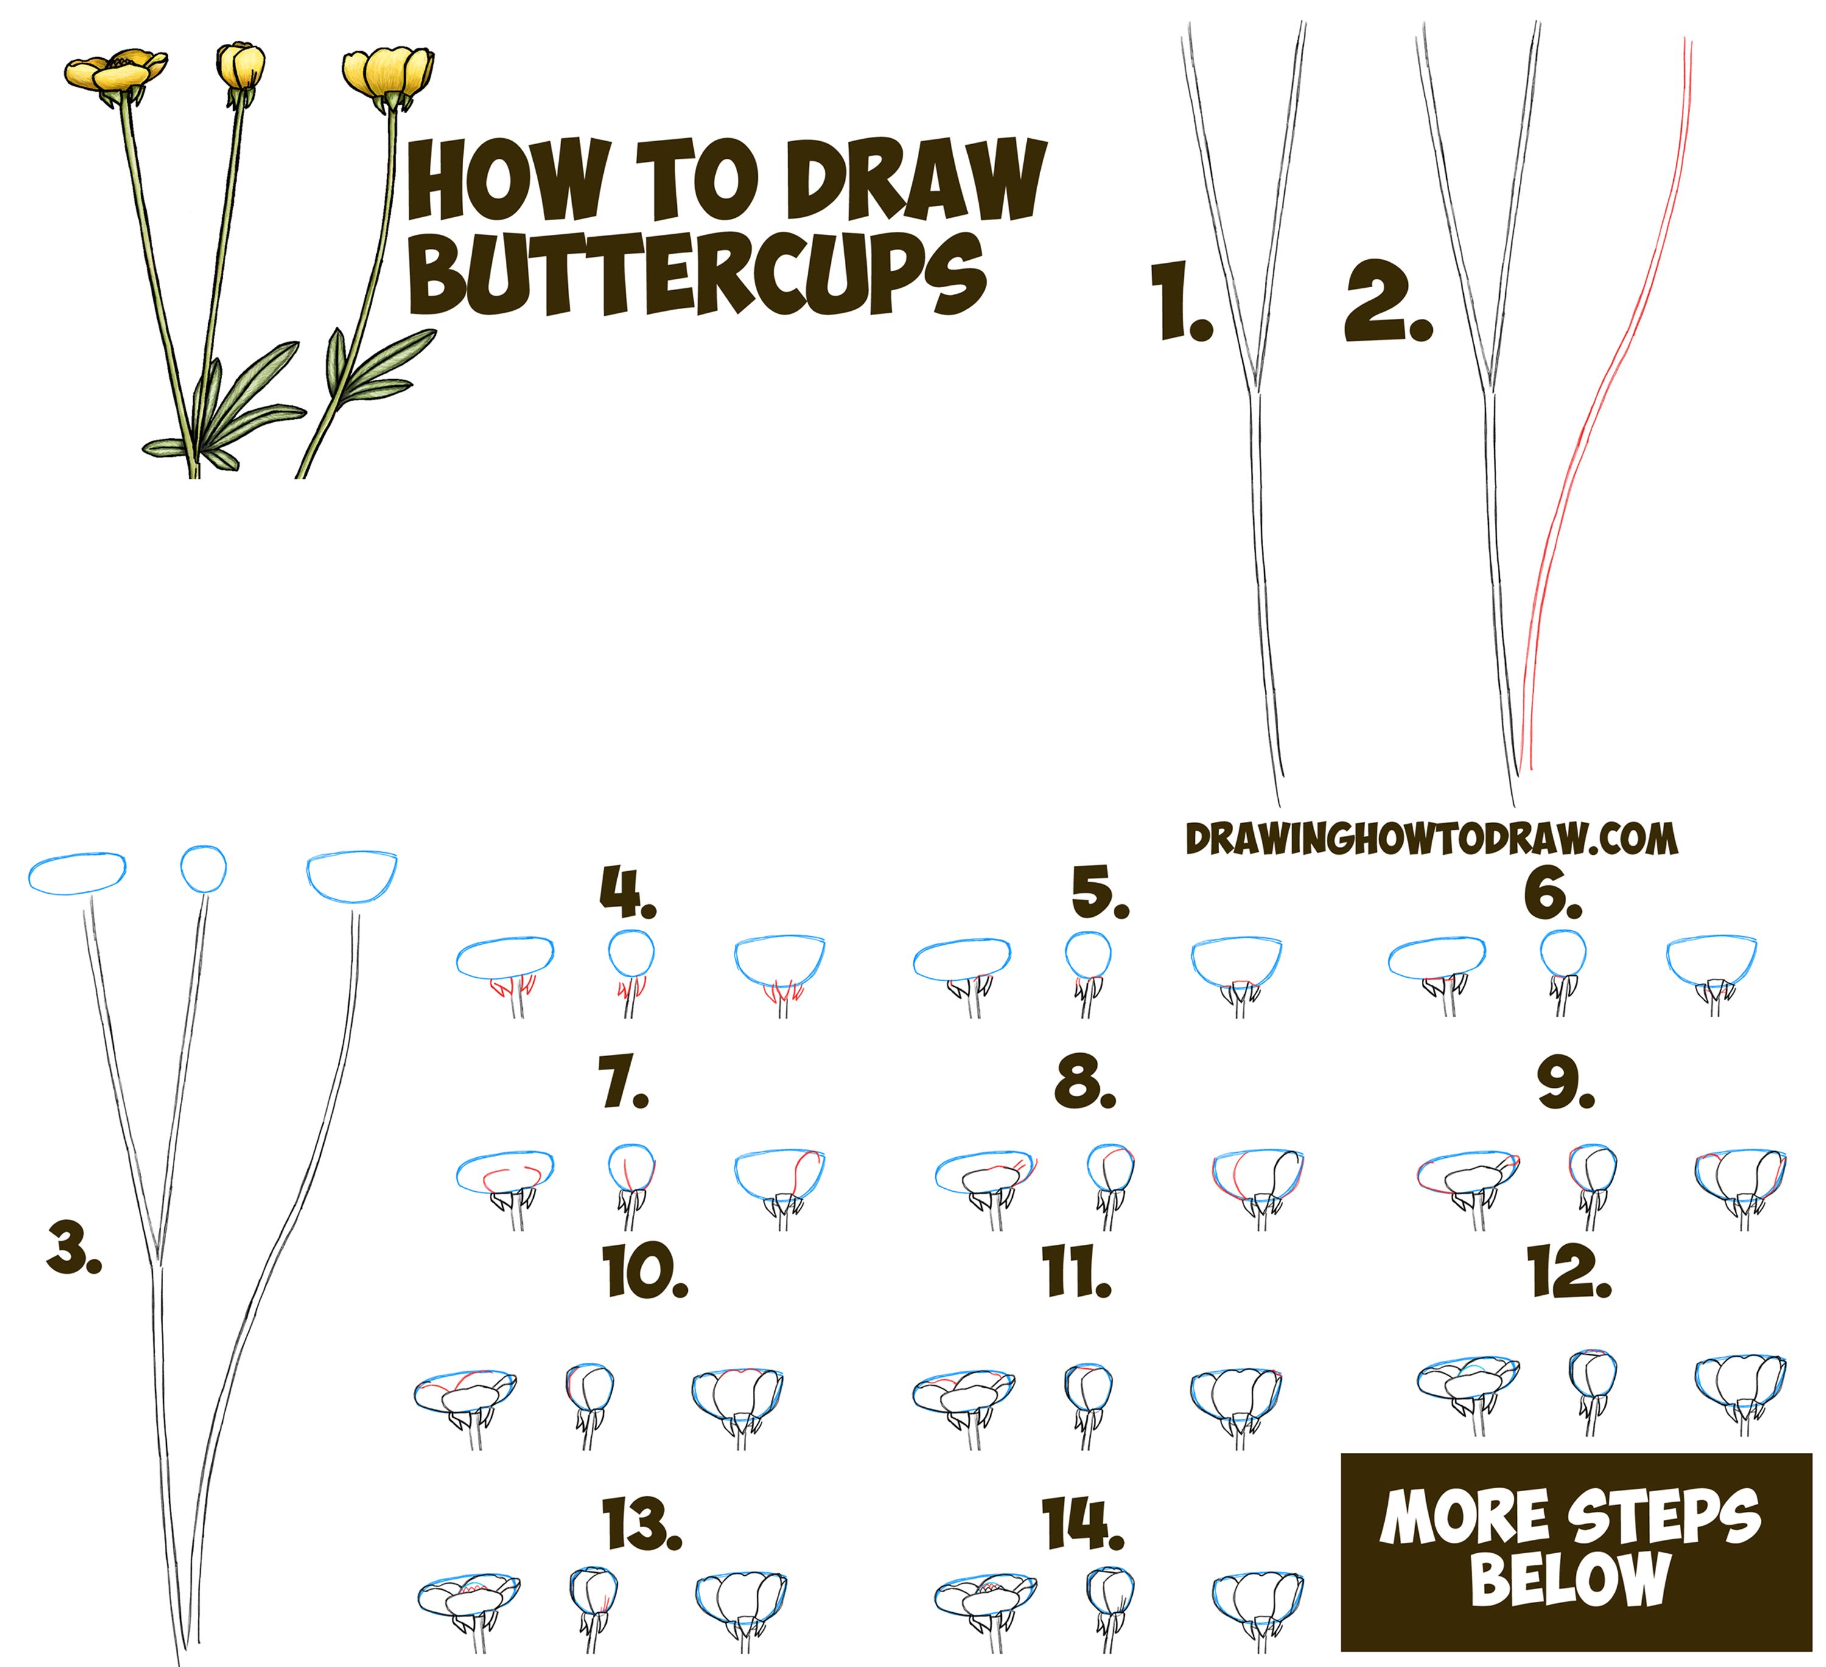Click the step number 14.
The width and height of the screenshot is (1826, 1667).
click(x=1082, y=1522)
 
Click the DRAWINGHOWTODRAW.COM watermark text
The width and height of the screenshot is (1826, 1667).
click(x=1431, y=840)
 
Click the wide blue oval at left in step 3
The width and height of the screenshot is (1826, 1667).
click(x=77, y=873)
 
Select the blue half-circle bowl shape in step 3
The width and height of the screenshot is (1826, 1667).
click(x=351, y=875)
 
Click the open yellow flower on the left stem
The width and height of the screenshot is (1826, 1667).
click(x=115, y=71)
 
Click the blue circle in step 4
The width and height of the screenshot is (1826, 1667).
click(x=631, y=952)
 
